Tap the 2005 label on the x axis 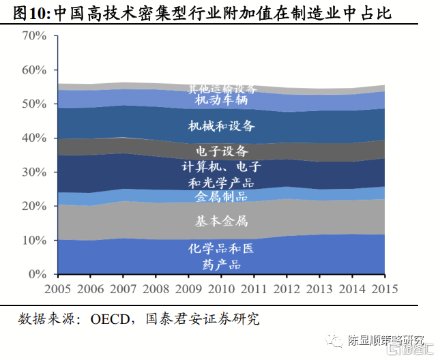click(57, 288)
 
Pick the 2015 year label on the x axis click(385, 288)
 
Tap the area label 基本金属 click(221, 221)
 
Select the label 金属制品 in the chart click(221, 197)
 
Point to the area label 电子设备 click(221, 151)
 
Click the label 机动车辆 click(221, 101)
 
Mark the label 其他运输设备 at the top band click(222, 89)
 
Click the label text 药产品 click(221, 264)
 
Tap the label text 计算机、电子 click(221, 167)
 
